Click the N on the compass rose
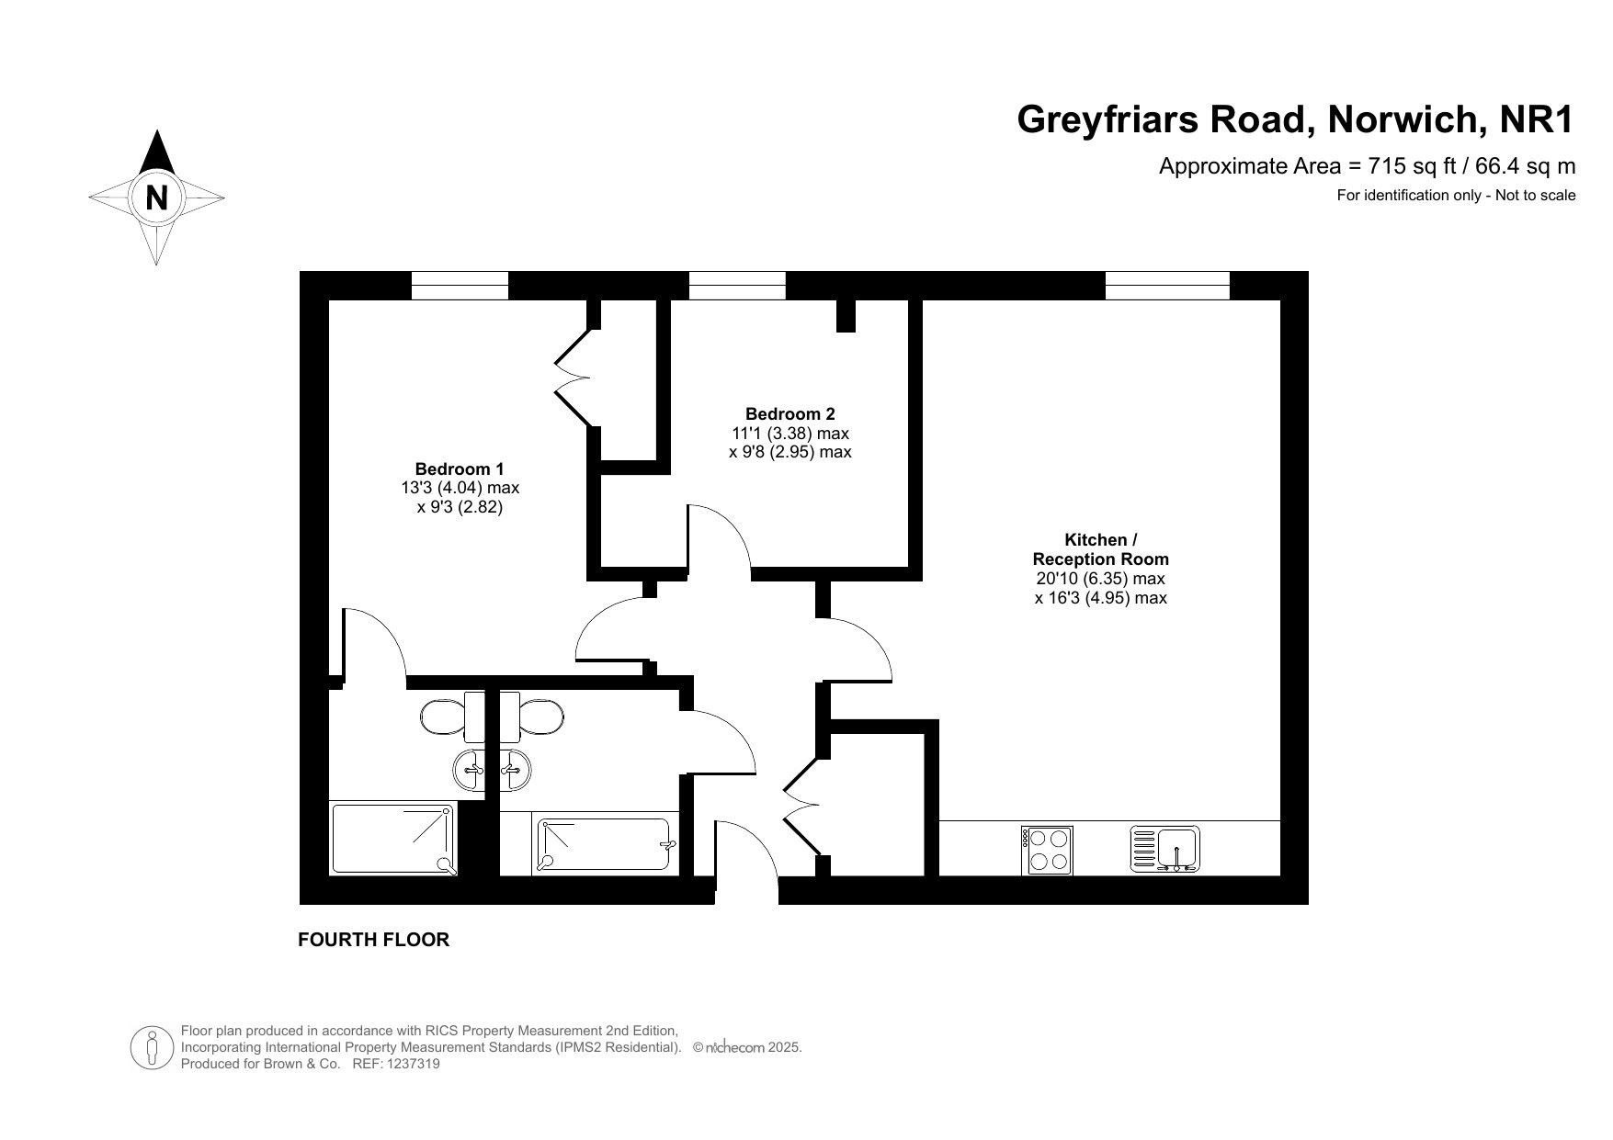157,198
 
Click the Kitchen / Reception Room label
1101,549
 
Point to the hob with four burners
1047,850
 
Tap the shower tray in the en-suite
393,839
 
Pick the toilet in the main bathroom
531,717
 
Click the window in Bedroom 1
460,286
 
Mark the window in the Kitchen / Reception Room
1167,286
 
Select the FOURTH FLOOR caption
374,940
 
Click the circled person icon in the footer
153,1047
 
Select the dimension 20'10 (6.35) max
1101,579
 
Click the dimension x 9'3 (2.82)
460,507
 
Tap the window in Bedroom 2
737,286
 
